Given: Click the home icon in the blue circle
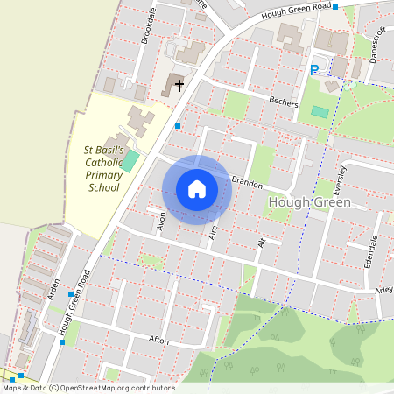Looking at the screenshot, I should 197,188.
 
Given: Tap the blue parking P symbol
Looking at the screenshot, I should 314,69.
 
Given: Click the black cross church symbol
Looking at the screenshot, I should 179,85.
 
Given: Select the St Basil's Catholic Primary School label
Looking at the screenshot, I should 102,169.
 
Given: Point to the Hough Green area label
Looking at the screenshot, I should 307,203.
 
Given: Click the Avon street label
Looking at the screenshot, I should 162,222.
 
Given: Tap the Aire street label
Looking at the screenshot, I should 213,230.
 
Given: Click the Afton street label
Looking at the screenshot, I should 158,339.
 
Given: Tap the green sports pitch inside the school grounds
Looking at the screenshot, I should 130,160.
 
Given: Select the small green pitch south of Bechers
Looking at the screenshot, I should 320,111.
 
